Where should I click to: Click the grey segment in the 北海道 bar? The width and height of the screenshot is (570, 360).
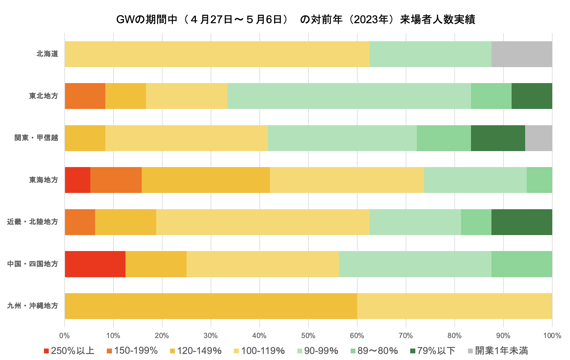click(x=522, y=54)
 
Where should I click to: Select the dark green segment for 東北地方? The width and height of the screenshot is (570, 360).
click(x=532, y=96)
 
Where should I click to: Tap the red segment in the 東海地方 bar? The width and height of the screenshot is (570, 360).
click(x=78, y=180)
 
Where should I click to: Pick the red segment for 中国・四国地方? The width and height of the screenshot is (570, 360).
click(x=95, y=264)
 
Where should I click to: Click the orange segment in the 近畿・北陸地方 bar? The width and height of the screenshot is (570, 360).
click(x=80, y=222)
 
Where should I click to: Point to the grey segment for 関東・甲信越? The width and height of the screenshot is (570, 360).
click(x=538, y=138)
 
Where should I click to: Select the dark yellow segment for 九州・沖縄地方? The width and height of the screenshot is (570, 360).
click(x=211, y=306)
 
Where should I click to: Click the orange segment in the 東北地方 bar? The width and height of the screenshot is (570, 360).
click(x=85, y=96)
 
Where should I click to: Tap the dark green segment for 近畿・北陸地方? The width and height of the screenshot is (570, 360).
click(x=522, y=222)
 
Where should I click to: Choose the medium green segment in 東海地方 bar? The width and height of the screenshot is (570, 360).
click(x=539, y=180)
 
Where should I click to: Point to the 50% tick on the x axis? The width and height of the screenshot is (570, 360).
click(x=308, y=336)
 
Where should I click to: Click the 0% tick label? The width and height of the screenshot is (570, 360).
click(x=65, y=336)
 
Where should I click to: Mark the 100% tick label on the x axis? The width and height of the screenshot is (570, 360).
click(x=552, y=336)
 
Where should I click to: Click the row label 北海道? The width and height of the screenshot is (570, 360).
click(x=47, y=54)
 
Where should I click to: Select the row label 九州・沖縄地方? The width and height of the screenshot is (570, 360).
click(x=33, y=306)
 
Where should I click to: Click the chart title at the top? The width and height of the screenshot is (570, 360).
click(x=296, y=20)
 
